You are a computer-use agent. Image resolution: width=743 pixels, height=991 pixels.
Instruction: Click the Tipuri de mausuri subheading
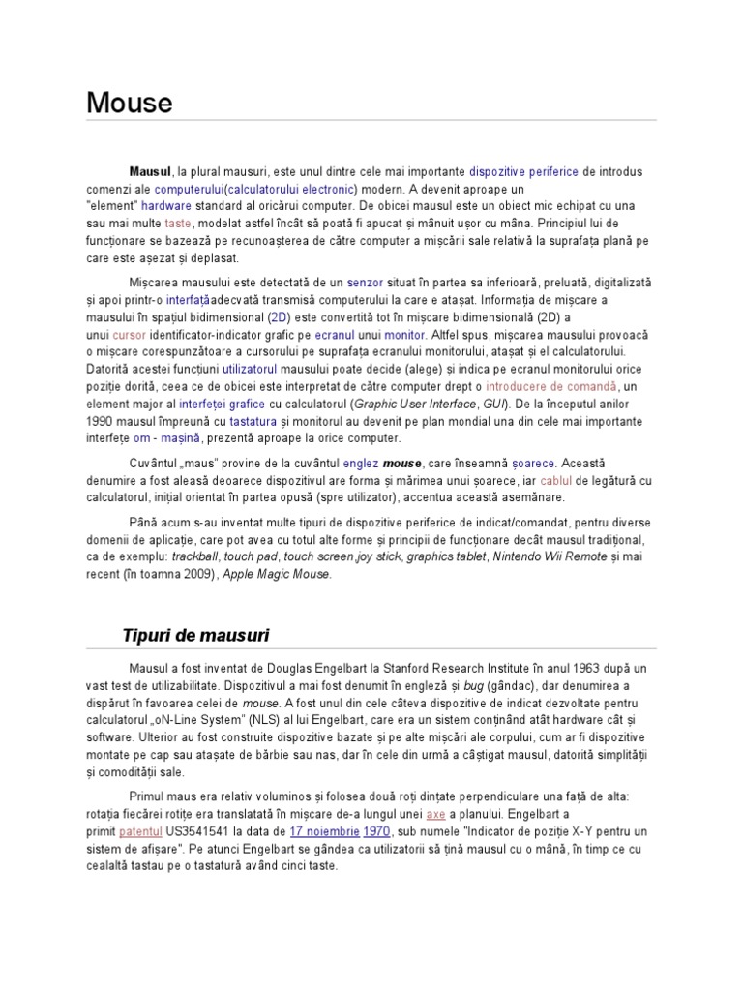point(195,635)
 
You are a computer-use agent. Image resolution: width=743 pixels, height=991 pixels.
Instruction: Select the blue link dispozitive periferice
point(522,171)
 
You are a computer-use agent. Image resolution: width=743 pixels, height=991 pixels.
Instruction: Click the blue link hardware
point(166,206)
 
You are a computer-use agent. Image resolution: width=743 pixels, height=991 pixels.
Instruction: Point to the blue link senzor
point(366,282)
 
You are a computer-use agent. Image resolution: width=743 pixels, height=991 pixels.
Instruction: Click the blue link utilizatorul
point(250,369)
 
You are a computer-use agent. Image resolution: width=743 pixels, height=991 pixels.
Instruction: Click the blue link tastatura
point(251,421)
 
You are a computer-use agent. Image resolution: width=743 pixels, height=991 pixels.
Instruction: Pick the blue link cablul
point(583,480)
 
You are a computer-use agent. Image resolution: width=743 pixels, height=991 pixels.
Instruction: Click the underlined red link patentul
point(145,831)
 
